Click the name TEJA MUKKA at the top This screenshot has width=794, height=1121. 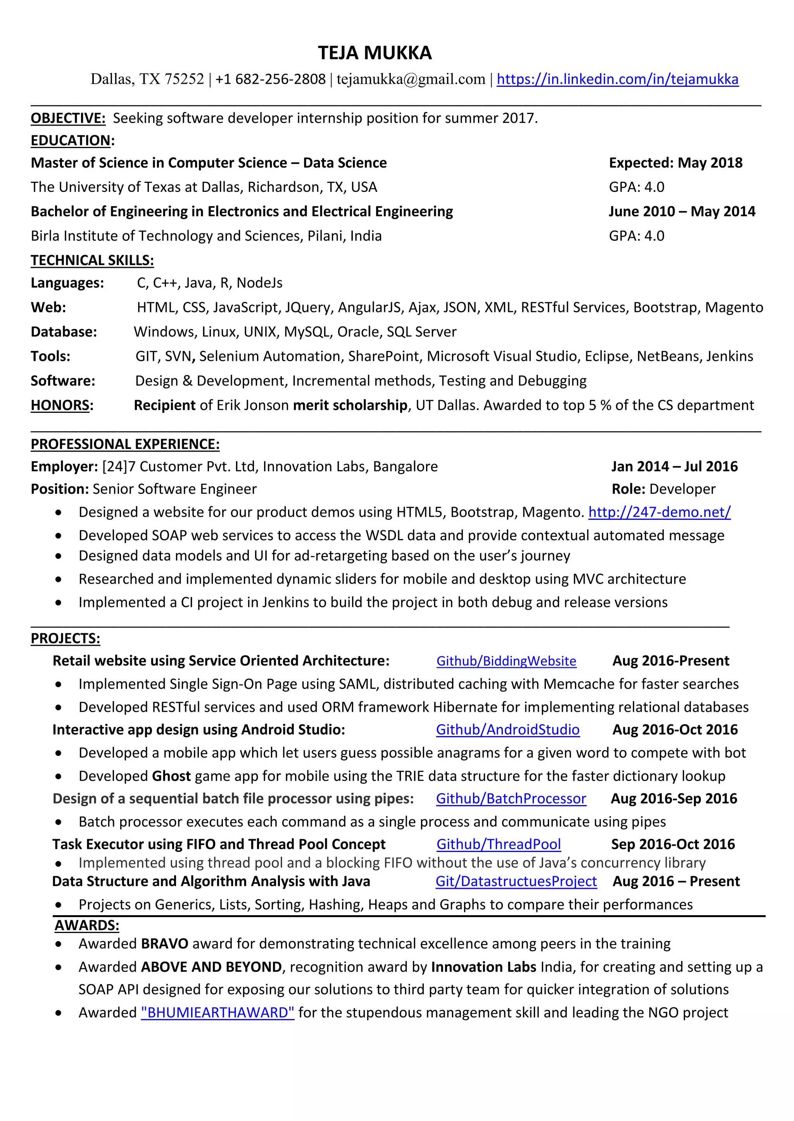[x=375, y=53]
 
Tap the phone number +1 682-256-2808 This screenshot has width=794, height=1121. [x=270, y=79]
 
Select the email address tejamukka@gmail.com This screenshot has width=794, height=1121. [x=411, y=79]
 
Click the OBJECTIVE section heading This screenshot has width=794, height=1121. [x=68, y=118]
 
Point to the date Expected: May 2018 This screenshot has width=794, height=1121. [x=675, y=163]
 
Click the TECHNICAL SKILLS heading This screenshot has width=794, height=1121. [x=92, y=260]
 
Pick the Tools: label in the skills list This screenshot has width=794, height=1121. [x=50, y=356]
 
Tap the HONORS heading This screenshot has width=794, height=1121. [x=60, y=405]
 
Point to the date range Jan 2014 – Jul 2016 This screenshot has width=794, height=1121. [x=674, y=466]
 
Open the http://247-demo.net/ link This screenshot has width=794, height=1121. [x=659, y=512]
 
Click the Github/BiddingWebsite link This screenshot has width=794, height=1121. [x=506, y=661]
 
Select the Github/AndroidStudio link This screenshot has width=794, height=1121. [x=507, y=730]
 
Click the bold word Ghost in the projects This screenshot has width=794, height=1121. [x=171, y=776]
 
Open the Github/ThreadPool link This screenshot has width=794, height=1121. [x=498, y=844]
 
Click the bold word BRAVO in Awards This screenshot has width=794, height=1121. [x=164, y=943]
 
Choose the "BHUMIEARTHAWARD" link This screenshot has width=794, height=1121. [x=217, y=1012]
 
